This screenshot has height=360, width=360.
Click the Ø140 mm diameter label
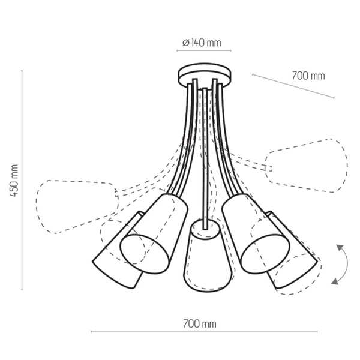(201, 43)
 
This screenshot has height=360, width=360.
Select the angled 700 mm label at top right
(308, 76)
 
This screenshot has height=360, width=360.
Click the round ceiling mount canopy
(204, 75)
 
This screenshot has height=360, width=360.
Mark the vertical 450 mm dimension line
(22, 180)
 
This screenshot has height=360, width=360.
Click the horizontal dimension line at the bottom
(205, 332)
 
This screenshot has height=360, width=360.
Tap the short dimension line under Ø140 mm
(204, 52)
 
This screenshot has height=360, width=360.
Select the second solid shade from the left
(152, 233)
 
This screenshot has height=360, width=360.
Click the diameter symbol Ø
(186, 43)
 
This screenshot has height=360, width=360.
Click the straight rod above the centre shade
(205, 156)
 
